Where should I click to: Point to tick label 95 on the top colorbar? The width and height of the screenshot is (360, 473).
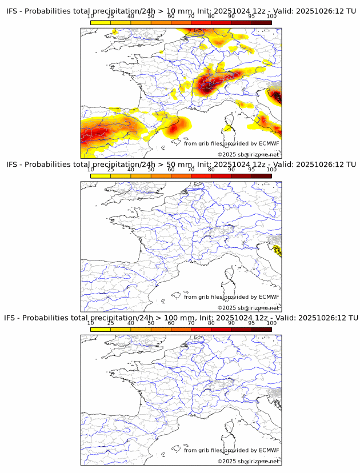coord(252,16)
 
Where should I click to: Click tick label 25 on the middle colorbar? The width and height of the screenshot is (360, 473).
coord(111,169)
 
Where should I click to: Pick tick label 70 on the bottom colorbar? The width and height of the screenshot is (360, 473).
coord(191,322)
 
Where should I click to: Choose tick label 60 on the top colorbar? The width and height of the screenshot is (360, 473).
coord(171,16)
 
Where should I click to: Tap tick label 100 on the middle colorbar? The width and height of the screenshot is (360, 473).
coord(271,169)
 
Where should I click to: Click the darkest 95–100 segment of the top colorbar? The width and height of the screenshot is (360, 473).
coord(262,22)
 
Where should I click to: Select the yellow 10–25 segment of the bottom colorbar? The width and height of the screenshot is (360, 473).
coord(101,329)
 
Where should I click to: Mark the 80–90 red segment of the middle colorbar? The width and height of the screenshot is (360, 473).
coord(222,176)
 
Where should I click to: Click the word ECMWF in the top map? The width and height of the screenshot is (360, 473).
coord(269,143)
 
